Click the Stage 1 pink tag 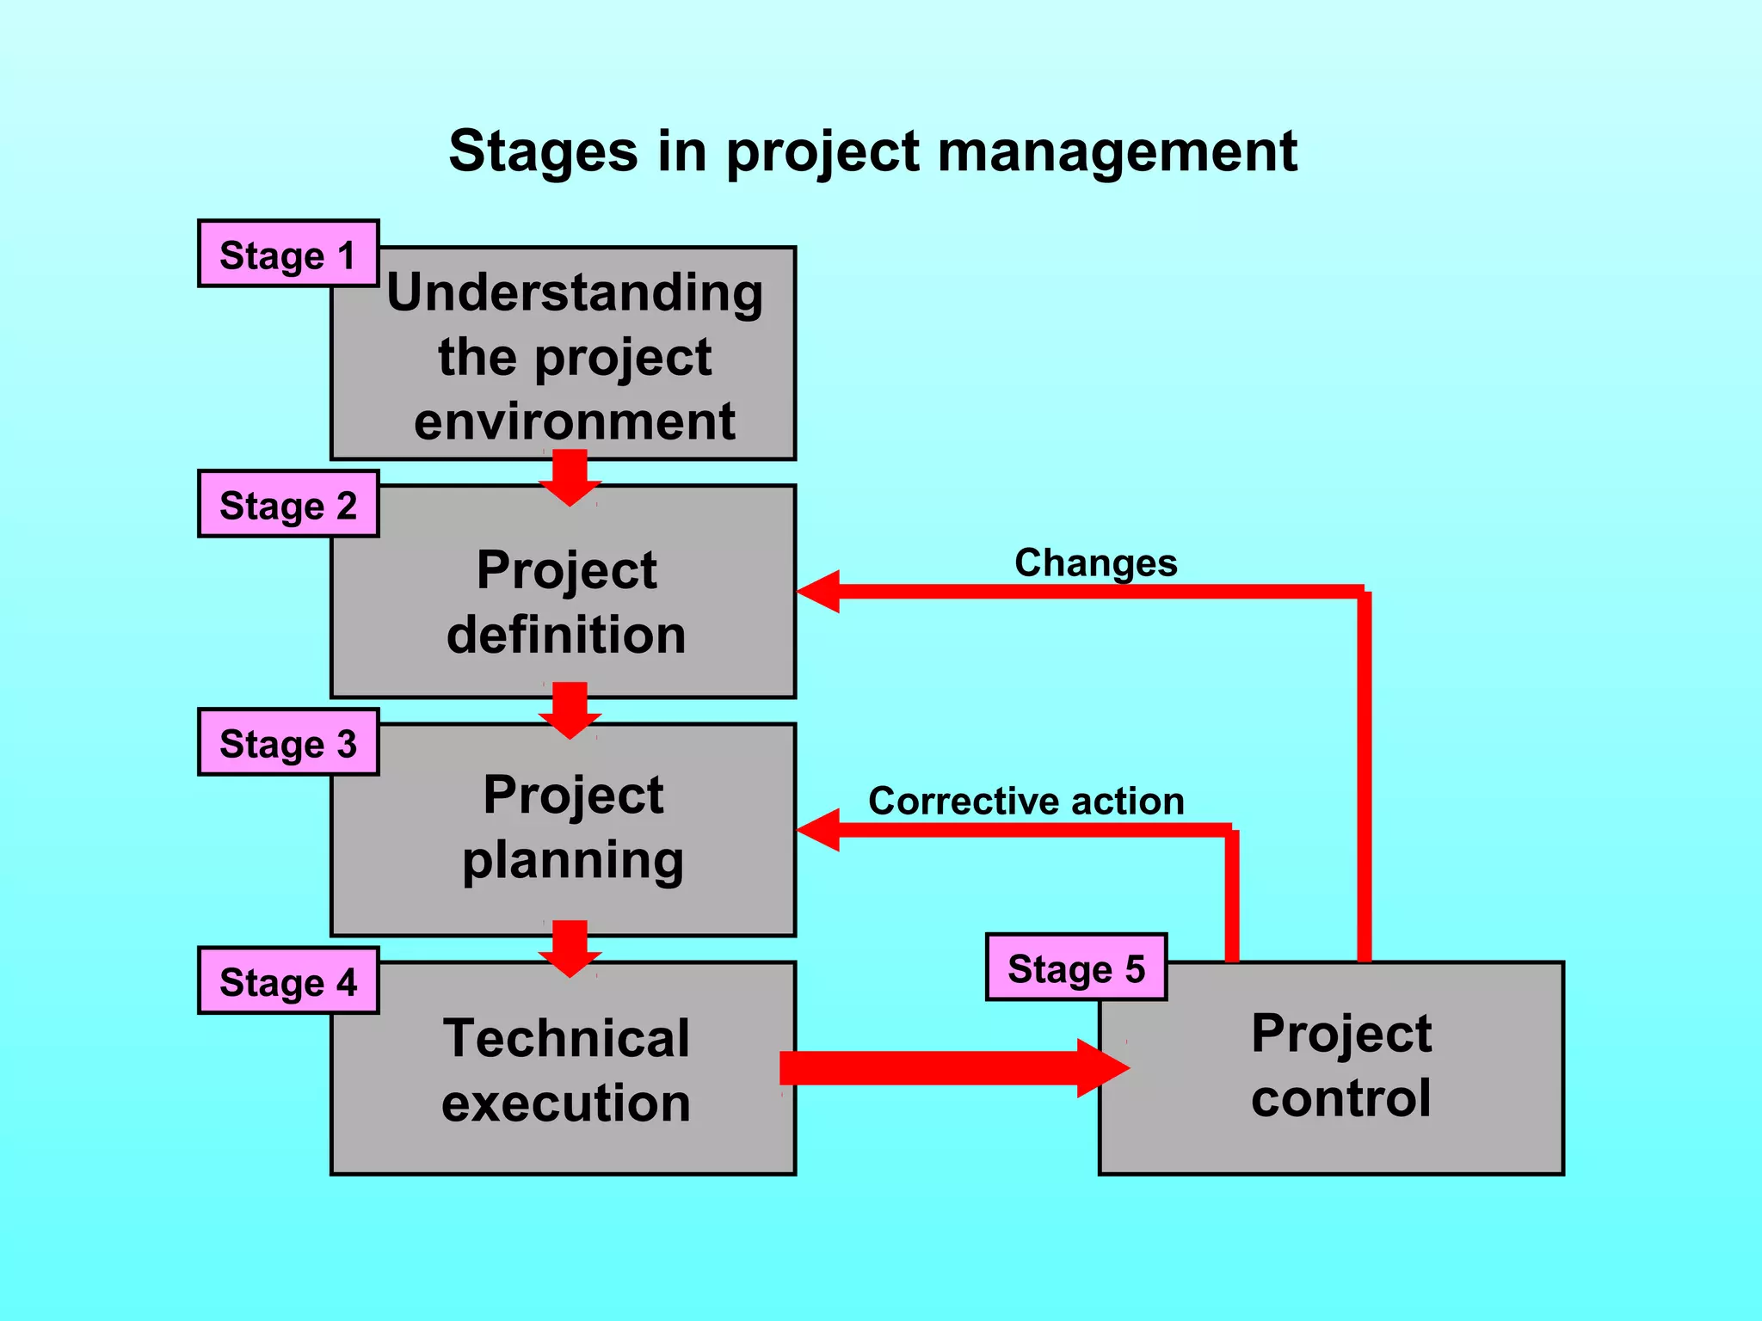pos(287,254)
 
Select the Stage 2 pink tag pos(287,504)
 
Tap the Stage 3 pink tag pos(287,742)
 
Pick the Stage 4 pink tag pos(287,980)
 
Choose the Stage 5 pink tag pos(1075,968)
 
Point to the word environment pos(574,421)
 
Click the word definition pos(566,635)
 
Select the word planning pos(573,860)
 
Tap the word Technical pos(566,1038)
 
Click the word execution pos(566,1103)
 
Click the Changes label pos(1095,563)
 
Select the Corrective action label pos(1026,801)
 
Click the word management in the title pos(1117,151)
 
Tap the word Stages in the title pos(543,151)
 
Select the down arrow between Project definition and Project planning pos(570,710)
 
